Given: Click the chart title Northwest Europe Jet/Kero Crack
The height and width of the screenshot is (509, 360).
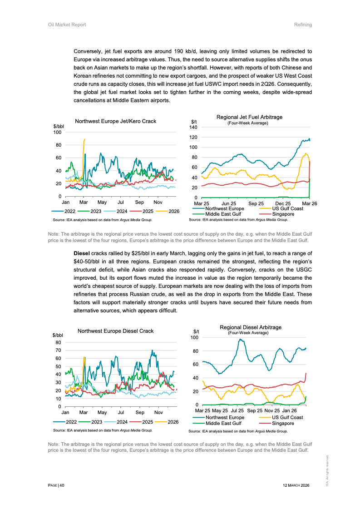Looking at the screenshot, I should point(115,121).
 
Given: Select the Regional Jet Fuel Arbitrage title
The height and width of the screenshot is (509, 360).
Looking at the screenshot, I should point(249,117).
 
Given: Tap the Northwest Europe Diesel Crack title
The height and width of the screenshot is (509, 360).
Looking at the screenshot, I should point(115,331).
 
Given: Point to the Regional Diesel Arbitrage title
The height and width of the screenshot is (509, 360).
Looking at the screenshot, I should point(251,327).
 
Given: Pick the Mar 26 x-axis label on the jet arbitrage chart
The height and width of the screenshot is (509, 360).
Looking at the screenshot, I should point(310,203).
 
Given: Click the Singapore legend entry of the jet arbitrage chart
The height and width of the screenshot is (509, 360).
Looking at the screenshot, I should point(283,213).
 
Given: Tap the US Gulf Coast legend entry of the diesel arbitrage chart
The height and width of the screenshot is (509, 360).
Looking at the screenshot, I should point(287,417).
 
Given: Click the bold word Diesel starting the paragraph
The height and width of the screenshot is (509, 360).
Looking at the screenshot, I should point(82,252).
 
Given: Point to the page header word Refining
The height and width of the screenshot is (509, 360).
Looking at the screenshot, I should point(303,25).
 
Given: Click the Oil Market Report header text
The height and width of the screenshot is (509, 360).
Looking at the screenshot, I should point(67,25).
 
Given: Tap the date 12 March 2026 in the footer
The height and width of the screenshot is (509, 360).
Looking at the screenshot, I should point(296,485).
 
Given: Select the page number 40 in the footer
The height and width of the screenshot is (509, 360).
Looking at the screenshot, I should point(62,485).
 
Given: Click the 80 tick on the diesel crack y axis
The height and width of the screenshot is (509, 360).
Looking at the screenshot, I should point(58,342).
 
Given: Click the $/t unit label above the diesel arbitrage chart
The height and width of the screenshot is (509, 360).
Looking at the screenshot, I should point(196,331).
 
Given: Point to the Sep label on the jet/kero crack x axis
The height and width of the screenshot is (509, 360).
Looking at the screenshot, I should point(139,202).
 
